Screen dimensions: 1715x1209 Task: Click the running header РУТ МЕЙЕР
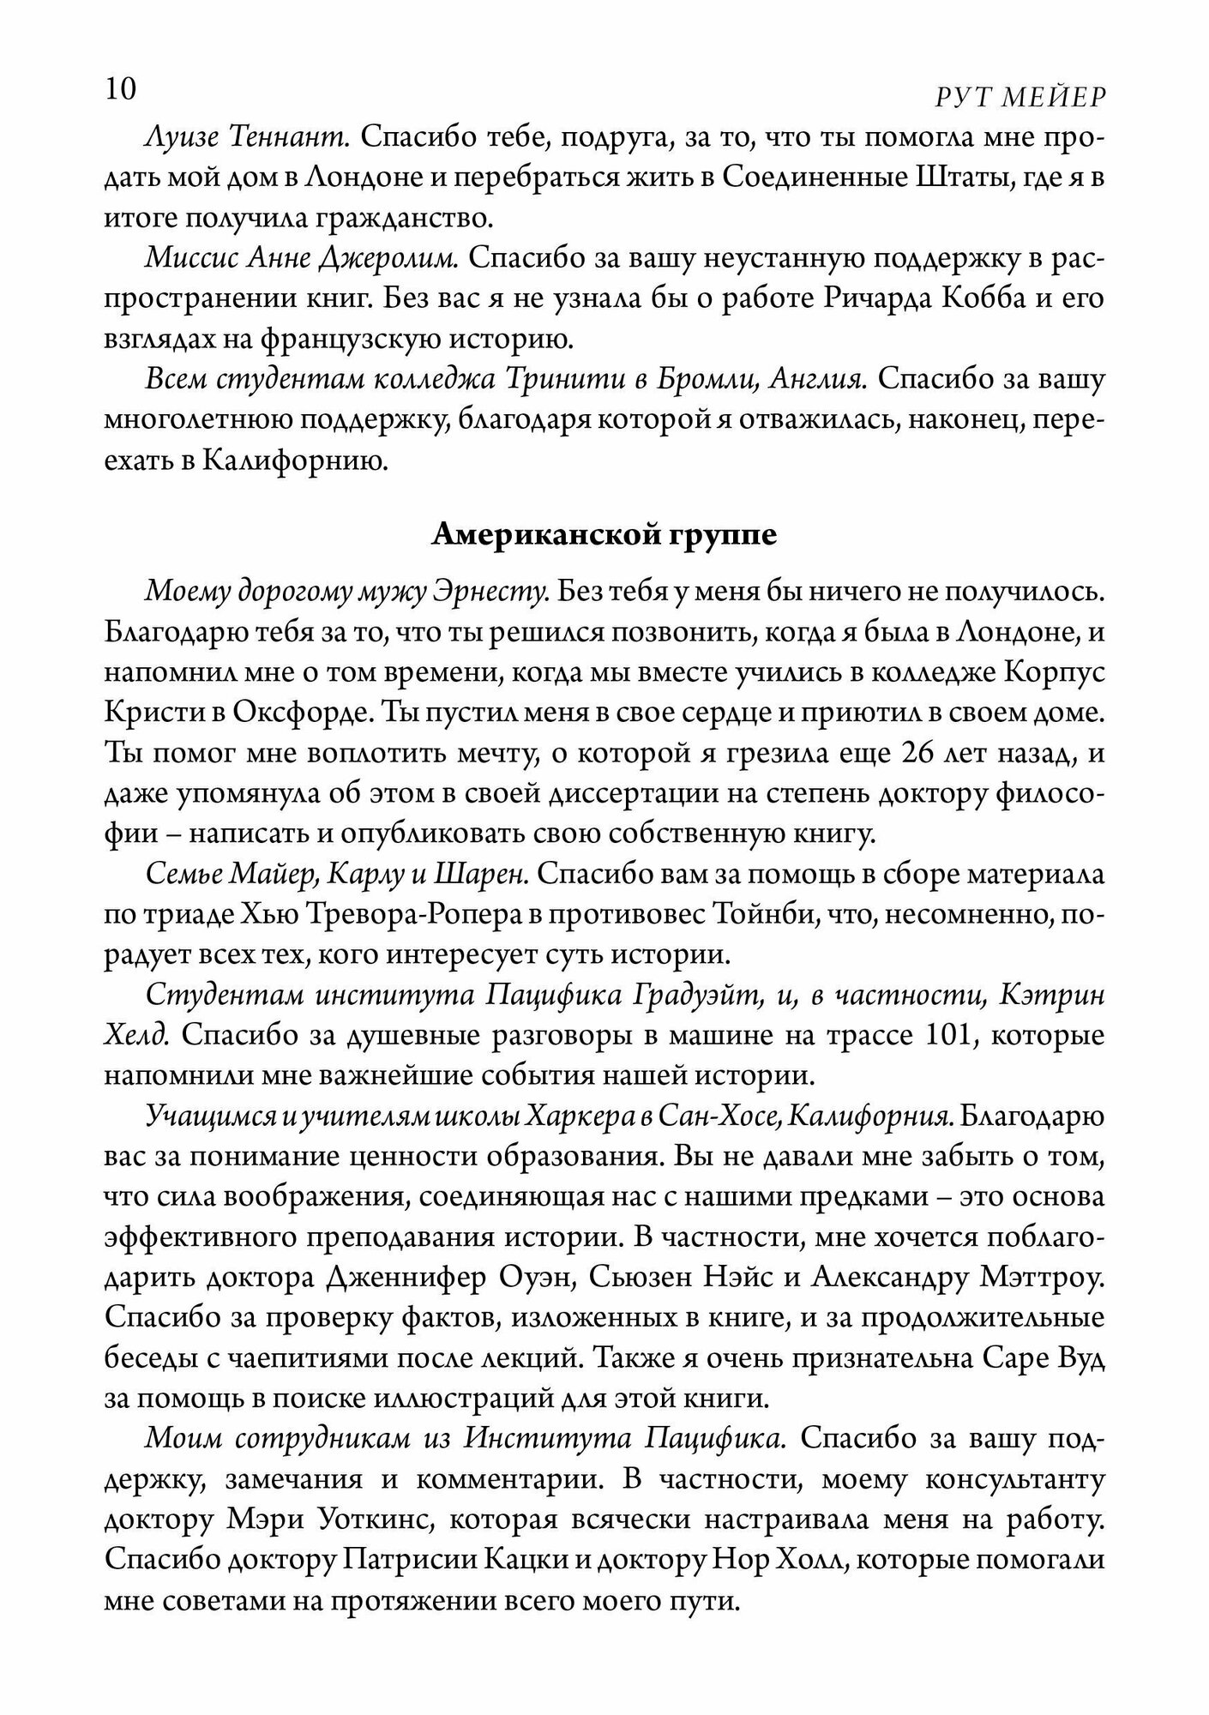point(1019,99)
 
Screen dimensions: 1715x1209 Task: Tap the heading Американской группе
point(604,535)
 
